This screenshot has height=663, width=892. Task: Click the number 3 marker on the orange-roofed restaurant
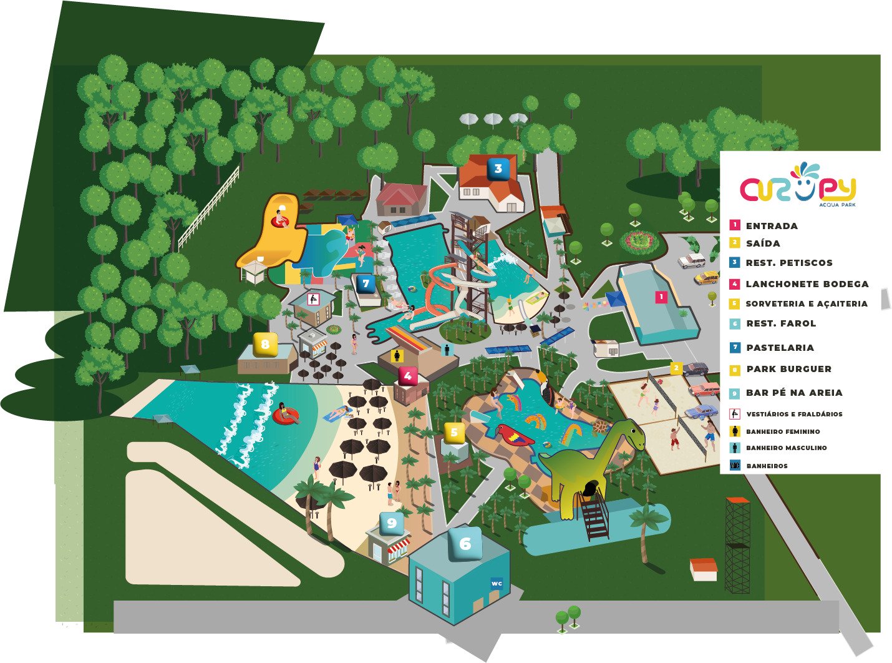pos(498,169)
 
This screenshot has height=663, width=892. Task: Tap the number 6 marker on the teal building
pos(465,544)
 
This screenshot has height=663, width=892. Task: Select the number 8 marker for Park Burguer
pos(265,344)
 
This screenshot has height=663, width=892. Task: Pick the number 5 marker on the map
pos(454,432)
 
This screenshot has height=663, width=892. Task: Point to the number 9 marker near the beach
pos(392,523)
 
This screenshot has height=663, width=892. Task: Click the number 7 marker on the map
pos(366,283)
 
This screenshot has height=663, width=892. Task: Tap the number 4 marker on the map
pos(407,376)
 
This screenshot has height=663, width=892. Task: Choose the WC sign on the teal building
pos(497,583)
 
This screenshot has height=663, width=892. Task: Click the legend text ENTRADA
pos(772,226)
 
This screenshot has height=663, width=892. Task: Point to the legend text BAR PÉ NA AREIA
pos(794,393)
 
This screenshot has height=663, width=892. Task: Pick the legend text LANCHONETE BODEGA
pos(807,284)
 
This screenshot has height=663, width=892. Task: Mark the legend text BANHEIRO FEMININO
pos(783,431)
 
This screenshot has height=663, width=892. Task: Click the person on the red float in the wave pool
pos(286,413)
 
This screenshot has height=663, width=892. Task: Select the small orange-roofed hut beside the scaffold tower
pos(704,569)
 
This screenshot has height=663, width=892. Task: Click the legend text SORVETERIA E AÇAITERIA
pos(807,304)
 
